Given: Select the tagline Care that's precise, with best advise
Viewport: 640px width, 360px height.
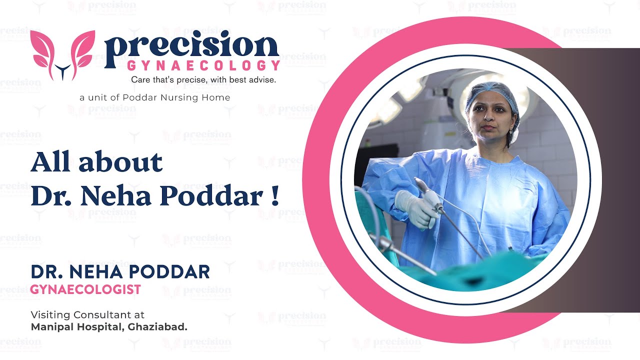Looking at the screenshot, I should point(203,79).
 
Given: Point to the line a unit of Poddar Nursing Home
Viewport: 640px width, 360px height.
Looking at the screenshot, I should point(155,97).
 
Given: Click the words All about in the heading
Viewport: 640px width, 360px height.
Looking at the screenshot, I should point(96,162).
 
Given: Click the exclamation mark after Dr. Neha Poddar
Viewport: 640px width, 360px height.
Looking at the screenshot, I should point(274,196).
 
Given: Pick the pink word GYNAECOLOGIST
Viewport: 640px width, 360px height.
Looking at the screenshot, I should point(85,289).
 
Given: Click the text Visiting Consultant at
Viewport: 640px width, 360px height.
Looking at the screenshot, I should point(87,315).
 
